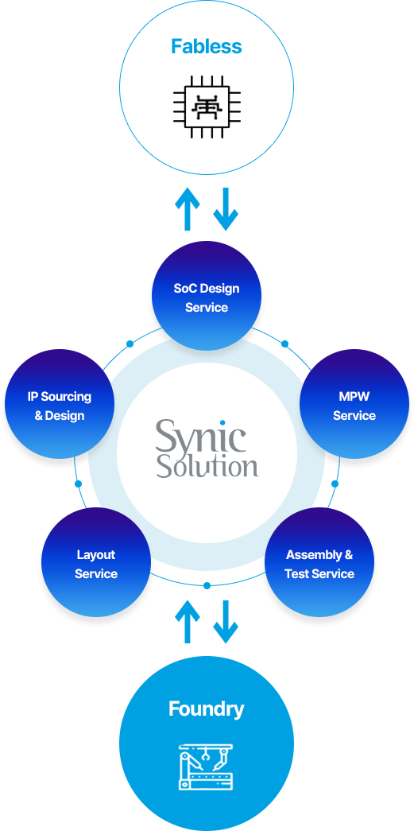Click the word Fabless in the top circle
207,47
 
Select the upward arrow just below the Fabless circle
187,209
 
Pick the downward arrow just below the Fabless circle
226,209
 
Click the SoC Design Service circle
207,297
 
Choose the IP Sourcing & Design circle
60,405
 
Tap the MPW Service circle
354,405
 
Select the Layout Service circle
96,562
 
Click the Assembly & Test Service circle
319,562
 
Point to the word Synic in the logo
201,436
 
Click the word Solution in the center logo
207,465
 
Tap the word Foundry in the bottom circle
207,709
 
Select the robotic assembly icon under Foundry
207,767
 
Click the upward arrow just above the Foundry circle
187,622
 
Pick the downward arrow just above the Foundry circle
226,622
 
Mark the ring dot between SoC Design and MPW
284,344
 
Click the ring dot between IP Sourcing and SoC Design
130,344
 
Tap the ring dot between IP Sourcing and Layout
79,483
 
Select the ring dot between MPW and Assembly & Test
335,483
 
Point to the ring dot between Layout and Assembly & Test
207,585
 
